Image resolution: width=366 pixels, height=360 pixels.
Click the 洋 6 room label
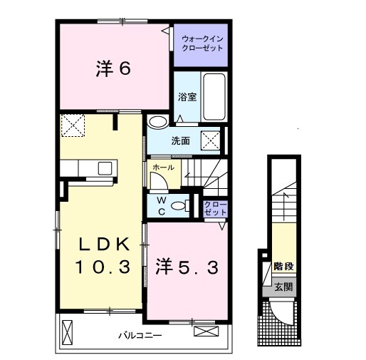pos(113,69)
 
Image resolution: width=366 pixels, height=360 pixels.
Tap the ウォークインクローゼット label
pos(202,43)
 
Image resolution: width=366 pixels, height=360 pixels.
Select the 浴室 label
pos(187,97)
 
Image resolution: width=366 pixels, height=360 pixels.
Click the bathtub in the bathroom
pos(214,97)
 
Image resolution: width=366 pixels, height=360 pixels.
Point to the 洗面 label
pos(181,141)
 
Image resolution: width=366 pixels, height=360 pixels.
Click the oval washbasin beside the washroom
pos(157,121)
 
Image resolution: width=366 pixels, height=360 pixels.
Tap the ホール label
pos(163,168)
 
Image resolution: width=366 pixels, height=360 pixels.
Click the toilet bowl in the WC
pos(180,205)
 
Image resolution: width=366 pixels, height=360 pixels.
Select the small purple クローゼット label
pos(215,208)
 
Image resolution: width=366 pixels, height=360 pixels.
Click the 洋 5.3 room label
pos(187,268)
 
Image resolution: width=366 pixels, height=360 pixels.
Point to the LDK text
pos(104,244)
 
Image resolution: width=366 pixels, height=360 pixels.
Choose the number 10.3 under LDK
pos(103,267)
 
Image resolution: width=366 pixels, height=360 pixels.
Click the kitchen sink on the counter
pos(105,168)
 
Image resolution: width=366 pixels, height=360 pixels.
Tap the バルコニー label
pos(140,336)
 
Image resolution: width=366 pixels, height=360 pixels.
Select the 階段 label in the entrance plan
pos(284,266)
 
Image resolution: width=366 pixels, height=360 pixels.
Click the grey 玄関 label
pos(283,287)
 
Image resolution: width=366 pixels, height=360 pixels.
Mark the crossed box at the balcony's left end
pos(67,332)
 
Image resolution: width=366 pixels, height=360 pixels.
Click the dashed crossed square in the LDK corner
pos(73,125)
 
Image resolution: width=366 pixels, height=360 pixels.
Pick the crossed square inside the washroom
pos(211,140)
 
